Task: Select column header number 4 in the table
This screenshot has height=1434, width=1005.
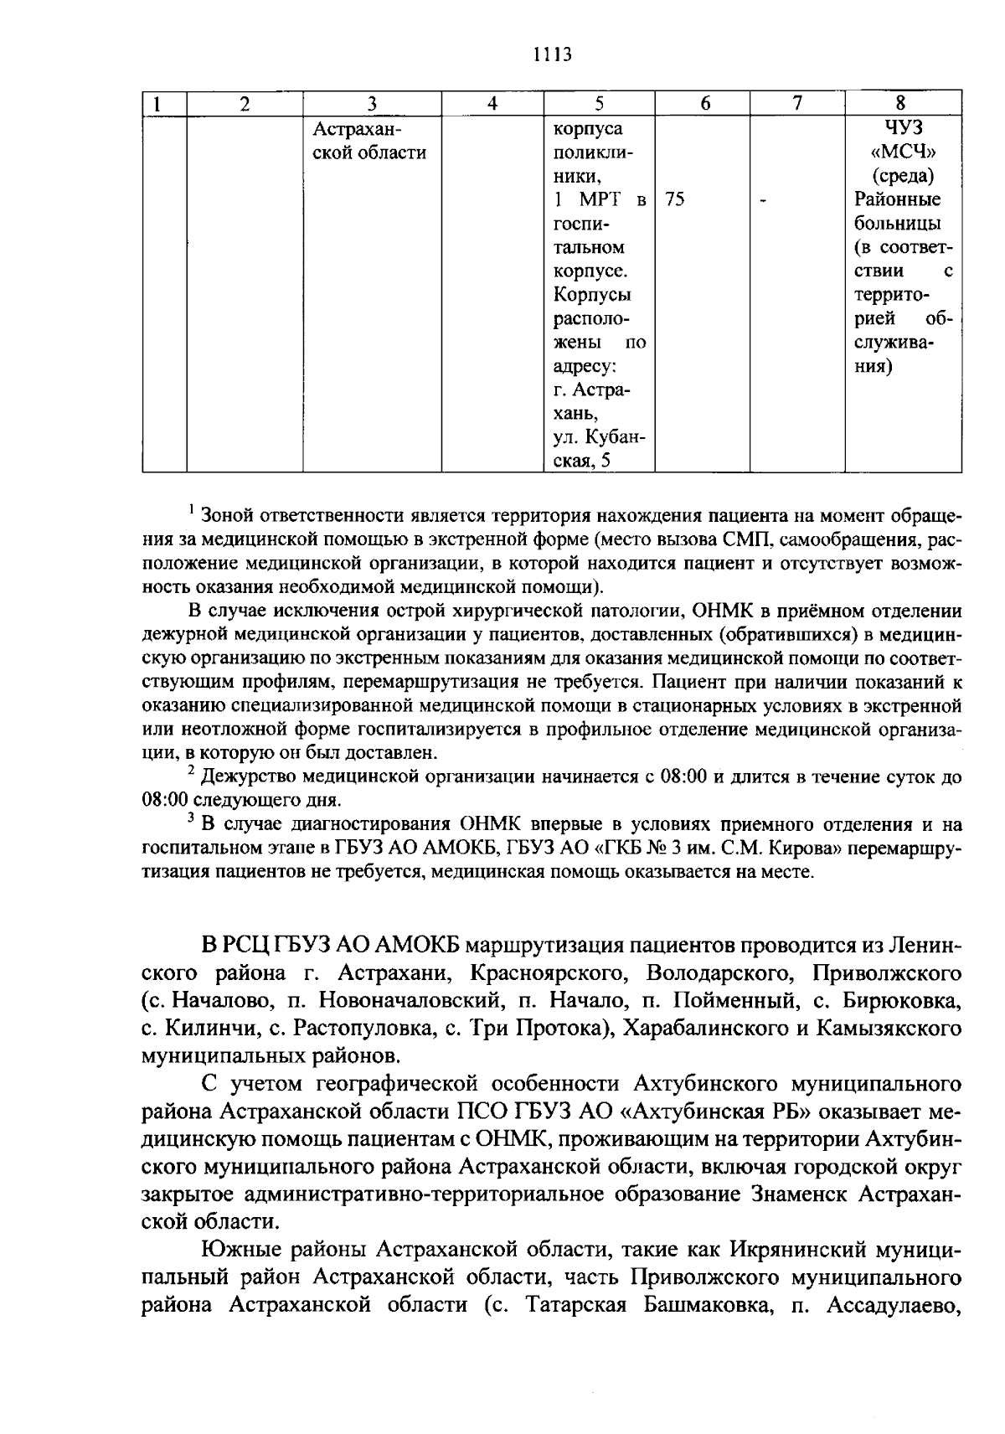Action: pyautogui.click(x=492, y=104)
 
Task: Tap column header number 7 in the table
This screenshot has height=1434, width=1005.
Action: pyautogui.click(x=797, y=103)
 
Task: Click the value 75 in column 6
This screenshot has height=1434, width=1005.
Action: pyautogui.click(x=675, y=200)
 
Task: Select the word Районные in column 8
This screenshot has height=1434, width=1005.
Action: pyautogui.click(x=898, y=200)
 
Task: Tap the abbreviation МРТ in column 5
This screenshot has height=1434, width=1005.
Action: pyautogui.click(x=597, y=200)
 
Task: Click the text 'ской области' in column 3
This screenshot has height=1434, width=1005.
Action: pyautogui.click(x=369, y=152)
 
